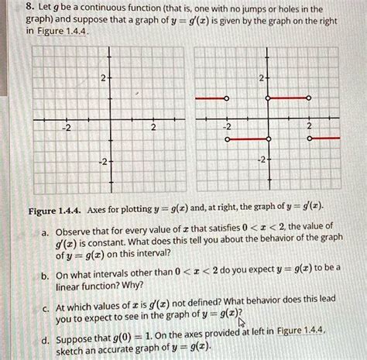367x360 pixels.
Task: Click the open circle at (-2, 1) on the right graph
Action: pos(226,100)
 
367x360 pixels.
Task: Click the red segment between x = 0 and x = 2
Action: pos(289,100)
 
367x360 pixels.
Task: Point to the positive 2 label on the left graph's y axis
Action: pos(103,79)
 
